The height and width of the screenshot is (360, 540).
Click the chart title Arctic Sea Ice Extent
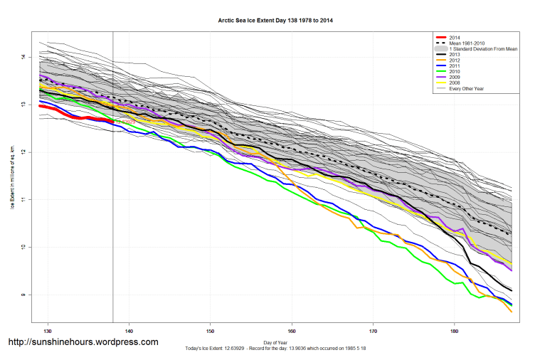(275, 21)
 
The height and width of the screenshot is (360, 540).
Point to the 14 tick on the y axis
(23, 57)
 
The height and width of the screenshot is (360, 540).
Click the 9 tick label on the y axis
(23, 295)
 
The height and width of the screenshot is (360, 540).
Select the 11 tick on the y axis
(23, 200)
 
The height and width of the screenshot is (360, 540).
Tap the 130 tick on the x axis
(48, 331)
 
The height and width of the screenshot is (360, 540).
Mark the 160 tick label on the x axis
(292, 331)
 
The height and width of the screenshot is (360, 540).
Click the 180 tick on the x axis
(455, 331)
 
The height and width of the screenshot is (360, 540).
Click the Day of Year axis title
(275, 342)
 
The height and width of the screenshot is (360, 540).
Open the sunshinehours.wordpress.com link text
(83, 342)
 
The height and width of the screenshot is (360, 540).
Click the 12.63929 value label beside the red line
(125, 122)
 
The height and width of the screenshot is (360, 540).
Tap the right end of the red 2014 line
(112, 122)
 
